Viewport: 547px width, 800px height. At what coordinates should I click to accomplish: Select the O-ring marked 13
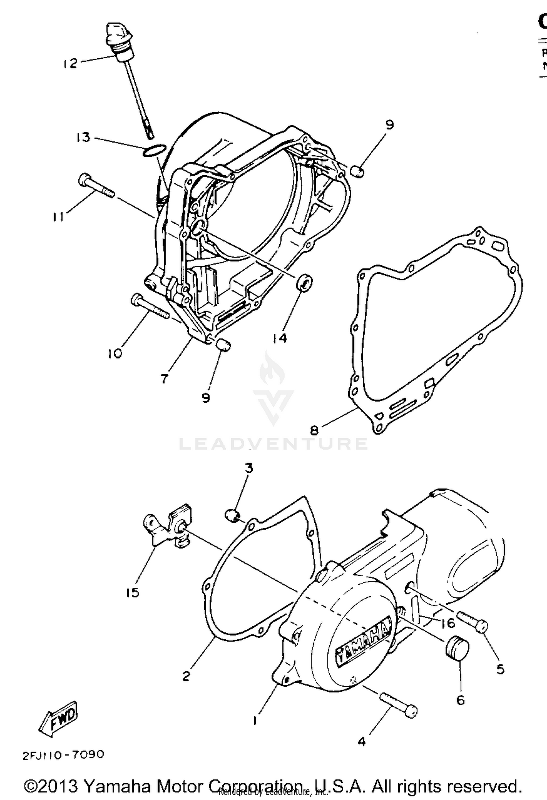point(155,150)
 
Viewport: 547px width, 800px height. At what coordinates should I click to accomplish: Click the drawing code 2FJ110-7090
point(63,754)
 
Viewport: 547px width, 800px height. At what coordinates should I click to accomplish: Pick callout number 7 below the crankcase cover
point(164,379)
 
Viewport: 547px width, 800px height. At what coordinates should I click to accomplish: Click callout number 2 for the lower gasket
point(186,676)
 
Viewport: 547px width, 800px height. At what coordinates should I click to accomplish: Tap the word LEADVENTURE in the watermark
point(273,444)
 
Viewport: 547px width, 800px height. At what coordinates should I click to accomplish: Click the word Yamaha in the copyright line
point(117,786)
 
